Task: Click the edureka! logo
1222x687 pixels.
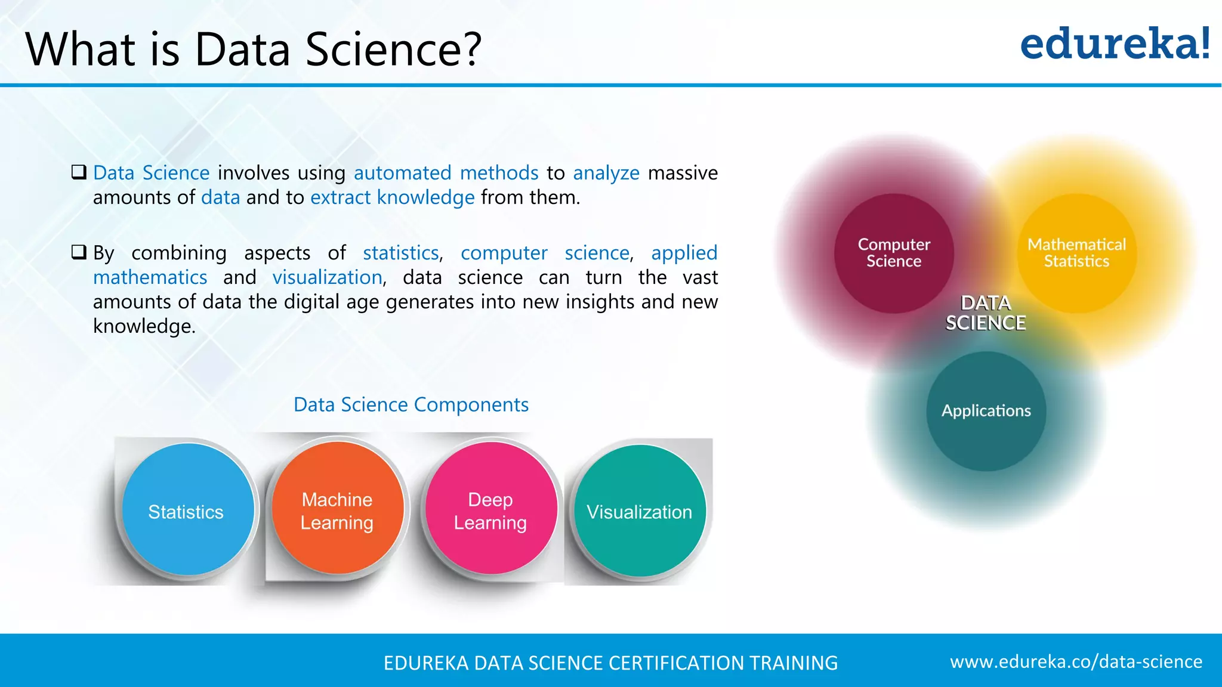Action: point(1115,44)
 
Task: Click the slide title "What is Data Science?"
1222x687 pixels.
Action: point(253,49)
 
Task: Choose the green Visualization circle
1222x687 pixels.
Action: point(640,510)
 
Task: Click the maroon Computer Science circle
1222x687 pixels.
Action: point(894,253)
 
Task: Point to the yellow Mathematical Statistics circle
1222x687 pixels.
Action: point(1076,253)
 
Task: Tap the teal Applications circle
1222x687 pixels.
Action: point(986,411)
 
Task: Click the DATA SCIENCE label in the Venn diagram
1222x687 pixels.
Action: point(986,313)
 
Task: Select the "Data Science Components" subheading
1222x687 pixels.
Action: point(411,405)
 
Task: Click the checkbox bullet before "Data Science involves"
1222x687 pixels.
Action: point(79,172)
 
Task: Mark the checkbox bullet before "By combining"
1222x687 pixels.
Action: point(79,252)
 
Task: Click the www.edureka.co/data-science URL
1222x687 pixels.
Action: point(1076,661)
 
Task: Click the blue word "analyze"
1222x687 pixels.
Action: point(606,173)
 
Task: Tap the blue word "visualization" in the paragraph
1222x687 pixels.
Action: point(327,277)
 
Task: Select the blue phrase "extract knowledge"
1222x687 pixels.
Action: point(393,197)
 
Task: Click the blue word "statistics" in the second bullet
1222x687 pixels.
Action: point(401,253)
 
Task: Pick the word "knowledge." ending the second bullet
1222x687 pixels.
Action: point(144,326)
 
